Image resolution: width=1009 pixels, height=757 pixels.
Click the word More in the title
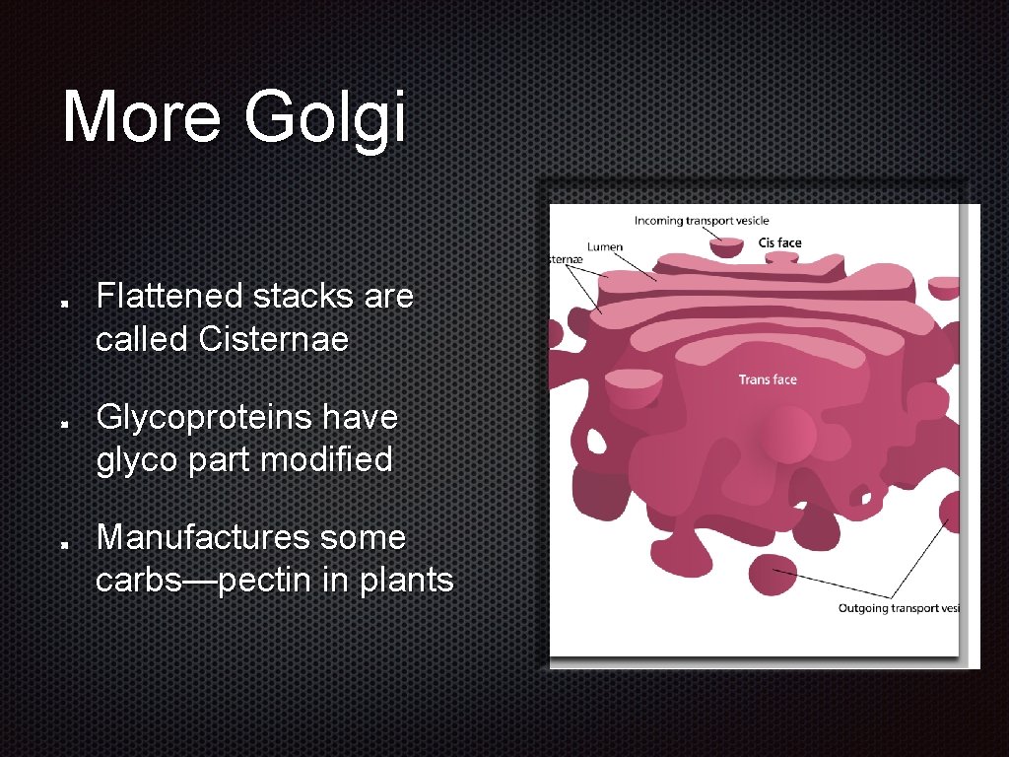pyautogui.click(x=142, y=116)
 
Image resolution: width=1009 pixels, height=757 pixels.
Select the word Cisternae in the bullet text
pyautogui.click(x=273, y=339)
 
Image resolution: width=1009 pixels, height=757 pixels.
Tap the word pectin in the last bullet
pyautogui.click(x=266, y=581)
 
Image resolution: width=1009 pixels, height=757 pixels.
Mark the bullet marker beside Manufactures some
pyautogui.click(x=64, y=542)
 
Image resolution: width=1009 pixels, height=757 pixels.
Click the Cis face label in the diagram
pyautogui.click(x=780, y=243)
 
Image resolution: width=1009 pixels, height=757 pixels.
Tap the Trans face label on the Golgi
pyautogui.click(x=768, y=379)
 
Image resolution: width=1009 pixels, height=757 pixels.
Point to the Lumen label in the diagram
pyautogui.click(x=604, y=247)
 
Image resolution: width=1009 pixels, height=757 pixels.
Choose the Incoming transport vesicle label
pyautogui.click(x=701, y=221)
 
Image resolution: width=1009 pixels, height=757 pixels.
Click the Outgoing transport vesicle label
pyautogui.click(x=898, y=608)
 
